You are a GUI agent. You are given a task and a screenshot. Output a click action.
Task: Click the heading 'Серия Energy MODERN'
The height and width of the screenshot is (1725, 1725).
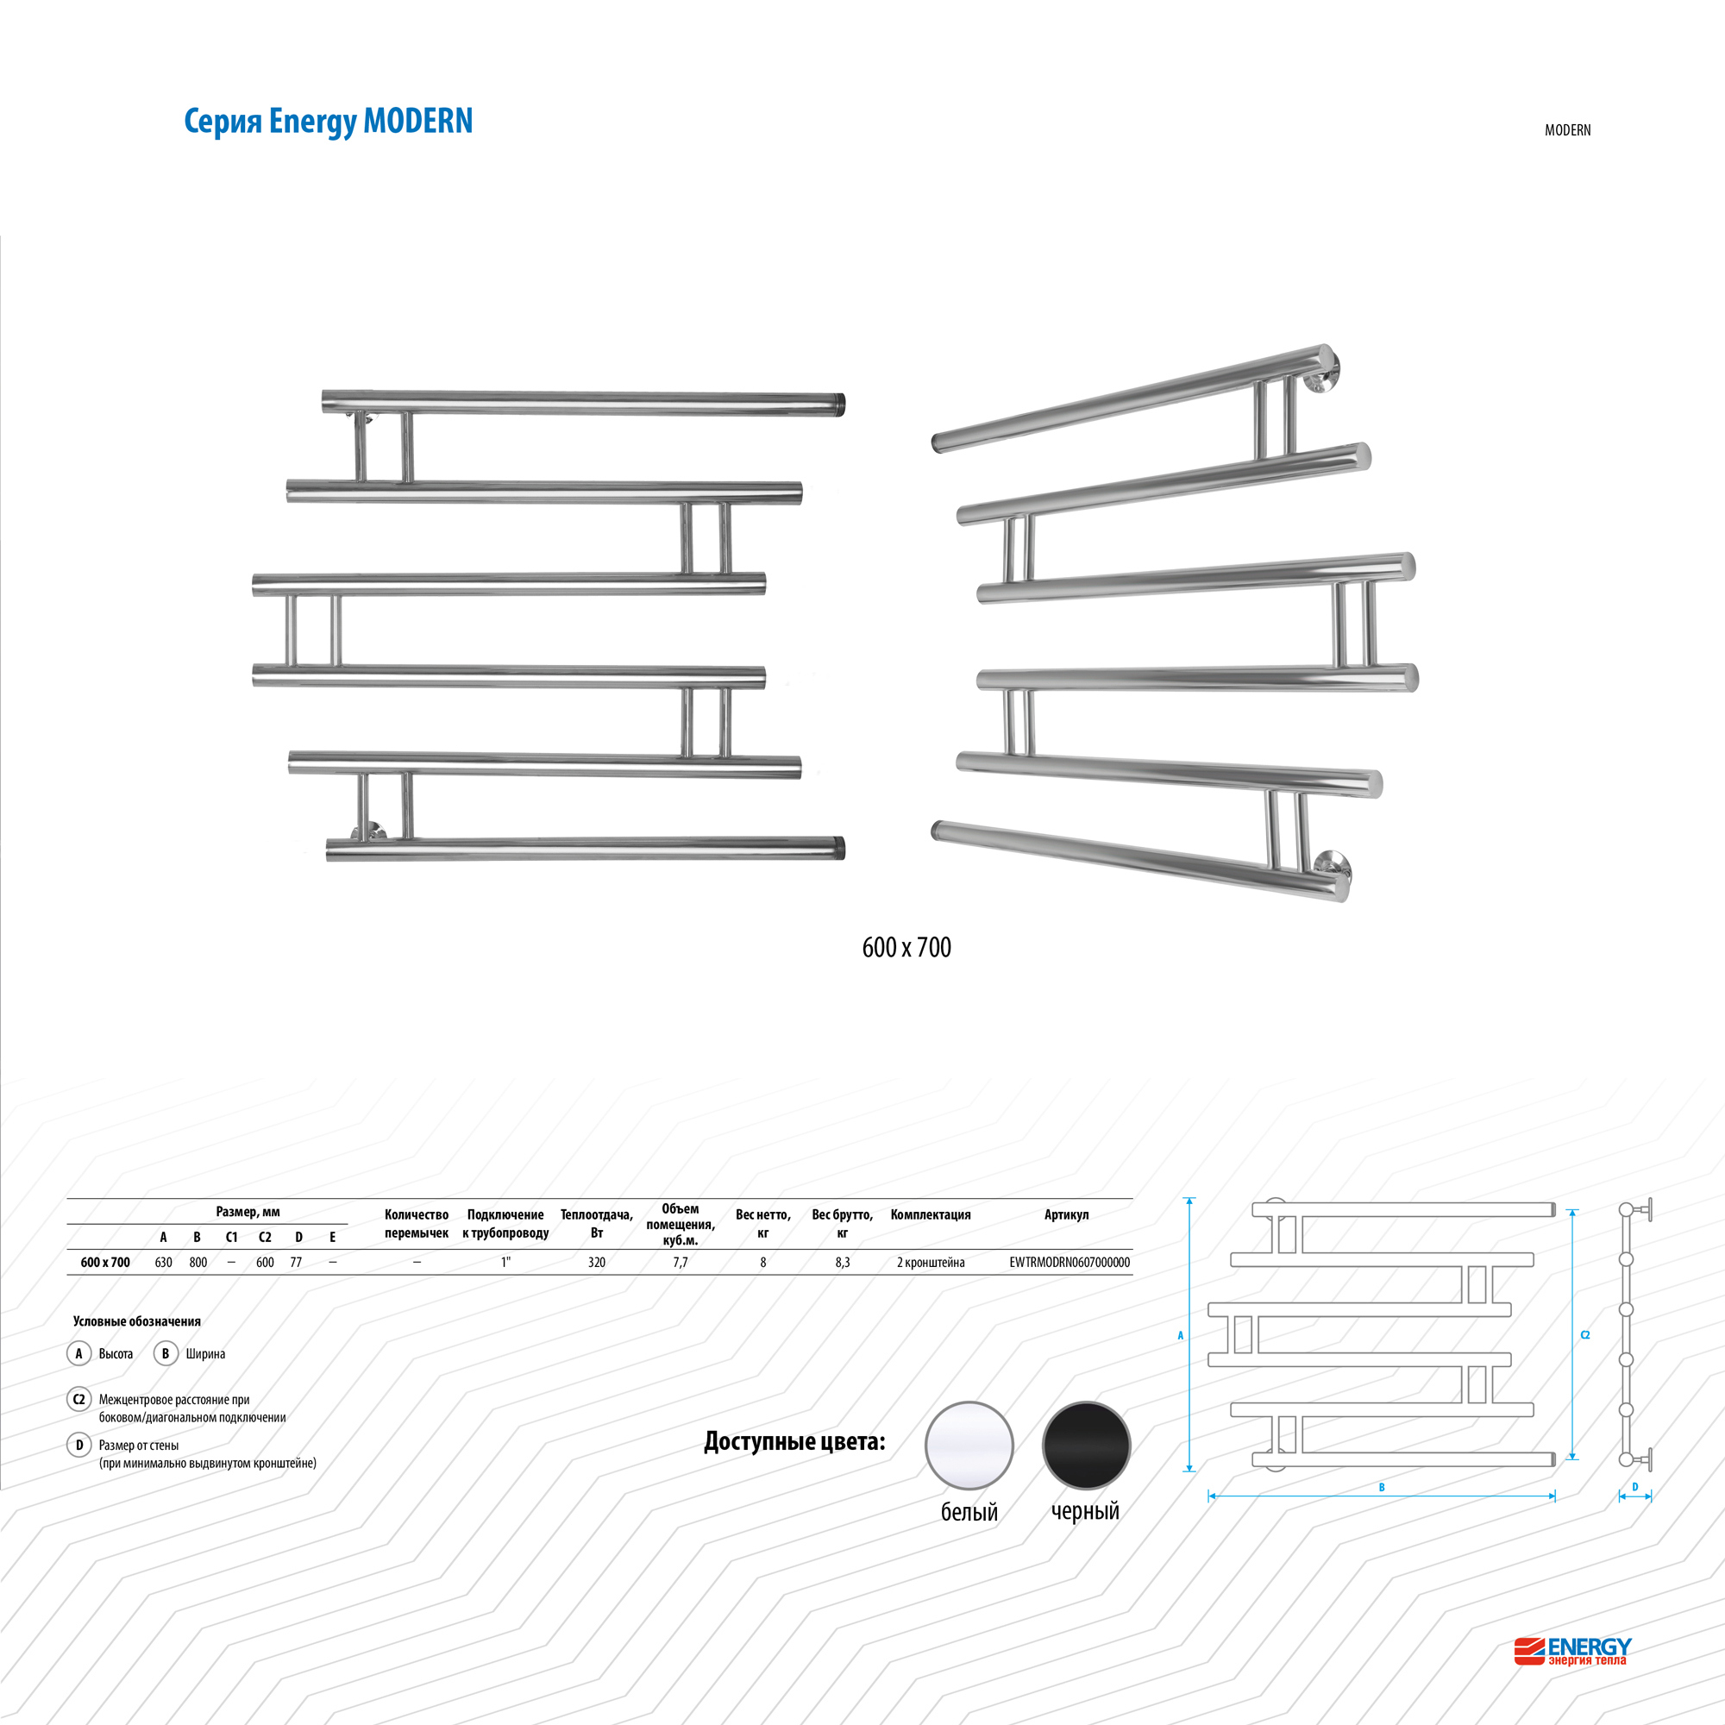[x=328, y=121]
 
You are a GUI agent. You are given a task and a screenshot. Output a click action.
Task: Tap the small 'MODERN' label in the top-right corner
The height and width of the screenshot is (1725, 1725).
[x=1567, y=130]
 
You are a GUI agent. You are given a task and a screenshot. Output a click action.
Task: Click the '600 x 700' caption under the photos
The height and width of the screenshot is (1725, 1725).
[x=906, y=947]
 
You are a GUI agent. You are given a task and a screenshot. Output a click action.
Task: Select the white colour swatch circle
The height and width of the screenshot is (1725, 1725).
[x=969, y=1445]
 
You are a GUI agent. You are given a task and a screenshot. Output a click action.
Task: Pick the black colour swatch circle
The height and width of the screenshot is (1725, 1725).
[x=1086, y=1445]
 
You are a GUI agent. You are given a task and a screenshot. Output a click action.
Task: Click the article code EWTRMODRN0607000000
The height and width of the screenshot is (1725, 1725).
[x=1069, y=1263]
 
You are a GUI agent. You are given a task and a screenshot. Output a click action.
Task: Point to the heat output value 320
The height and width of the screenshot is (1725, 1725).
[x=597, y=1263]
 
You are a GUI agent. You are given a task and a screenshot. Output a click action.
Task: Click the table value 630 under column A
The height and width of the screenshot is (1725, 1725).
[x=163, y=1263]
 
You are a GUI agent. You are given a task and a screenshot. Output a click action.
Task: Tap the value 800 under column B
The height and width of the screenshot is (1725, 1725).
[x=198, y=1263]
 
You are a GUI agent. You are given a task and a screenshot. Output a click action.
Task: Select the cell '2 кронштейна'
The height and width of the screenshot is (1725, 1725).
[x=931, y=1263]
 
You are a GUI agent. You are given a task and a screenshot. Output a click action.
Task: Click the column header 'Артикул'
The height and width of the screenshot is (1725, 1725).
[x=1066, y=1214]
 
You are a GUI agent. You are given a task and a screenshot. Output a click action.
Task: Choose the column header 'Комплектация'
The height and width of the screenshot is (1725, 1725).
[x=931, y=1214]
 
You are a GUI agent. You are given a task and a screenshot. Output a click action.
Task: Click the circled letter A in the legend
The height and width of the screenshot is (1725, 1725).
[x=78, y=1353]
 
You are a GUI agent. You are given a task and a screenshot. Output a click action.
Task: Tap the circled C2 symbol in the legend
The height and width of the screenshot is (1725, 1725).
[x=78, y=1399]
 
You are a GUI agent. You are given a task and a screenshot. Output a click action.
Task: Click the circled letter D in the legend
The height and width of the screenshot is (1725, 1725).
[x=78, y=1445]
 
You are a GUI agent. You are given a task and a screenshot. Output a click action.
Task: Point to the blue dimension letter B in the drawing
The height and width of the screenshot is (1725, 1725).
[x=1381, y=1488]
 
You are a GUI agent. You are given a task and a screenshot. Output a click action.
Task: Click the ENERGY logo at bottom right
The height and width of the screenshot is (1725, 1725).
[x=1573, y=1651]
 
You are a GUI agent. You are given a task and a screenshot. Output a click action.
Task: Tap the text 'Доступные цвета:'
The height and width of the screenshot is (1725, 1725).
[x=793, y=1442]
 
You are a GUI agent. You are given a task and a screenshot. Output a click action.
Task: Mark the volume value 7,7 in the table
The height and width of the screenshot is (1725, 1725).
[x=681, y=1263]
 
